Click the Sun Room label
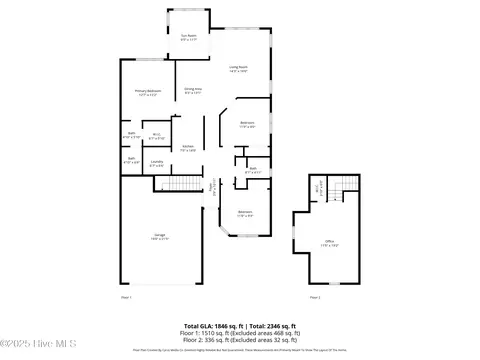click(x=188, y=37)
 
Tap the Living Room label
click(x=237, y=69)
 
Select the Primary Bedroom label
click(x=148, y=94)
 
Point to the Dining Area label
click(x=193, y=91)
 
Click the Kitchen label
click(x=187, y=147)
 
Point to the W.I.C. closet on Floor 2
click(x=318, y=187)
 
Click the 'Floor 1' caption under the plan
click(x=126, y=297)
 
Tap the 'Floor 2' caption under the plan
click(x=314, y=297)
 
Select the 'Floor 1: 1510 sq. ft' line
click(x=239, y=333)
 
